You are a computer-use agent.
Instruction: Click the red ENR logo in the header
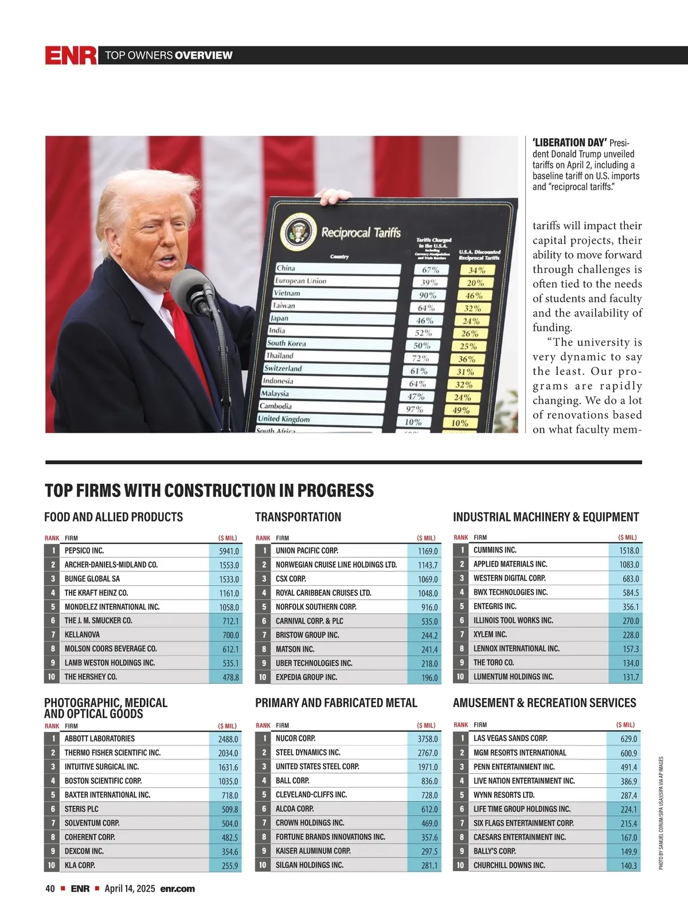[x=71, y=55]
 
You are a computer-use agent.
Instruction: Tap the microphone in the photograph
[x=192, y=287]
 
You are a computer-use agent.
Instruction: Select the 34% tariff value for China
[x=476, y=270]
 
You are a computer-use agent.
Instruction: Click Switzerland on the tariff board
[x=283, y=369]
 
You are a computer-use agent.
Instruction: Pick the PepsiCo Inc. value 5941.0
[x=229, y=551]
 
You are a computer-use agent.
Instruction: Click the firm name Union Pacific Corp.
[x=307, y=551]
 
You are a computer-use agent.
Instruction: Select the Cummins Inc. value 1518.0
[x=629, y=551]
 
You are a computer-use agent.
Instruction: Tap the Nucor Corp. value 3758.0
[x=428, y=739]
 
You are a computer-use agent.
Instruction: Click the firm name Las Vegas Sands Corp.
[x=510, y=739]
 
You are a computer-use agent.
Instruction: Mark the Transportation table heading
[x=298, y=517]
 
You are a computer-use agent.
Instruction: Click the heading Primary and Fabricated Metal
[x=336, y=703]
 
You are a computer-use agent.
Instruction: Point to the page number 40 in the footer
[x=50, y=889]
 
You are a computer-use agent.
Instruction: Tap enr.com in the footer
[x=177, y=889]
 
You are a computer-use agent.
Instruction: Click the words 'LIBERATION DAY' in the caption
[x=569, y=143]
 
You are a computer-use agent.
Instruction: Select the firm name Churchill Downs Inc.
[x=509, y=865]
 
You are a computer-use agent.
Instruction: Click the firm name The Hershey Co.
[x=91, y=677]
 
